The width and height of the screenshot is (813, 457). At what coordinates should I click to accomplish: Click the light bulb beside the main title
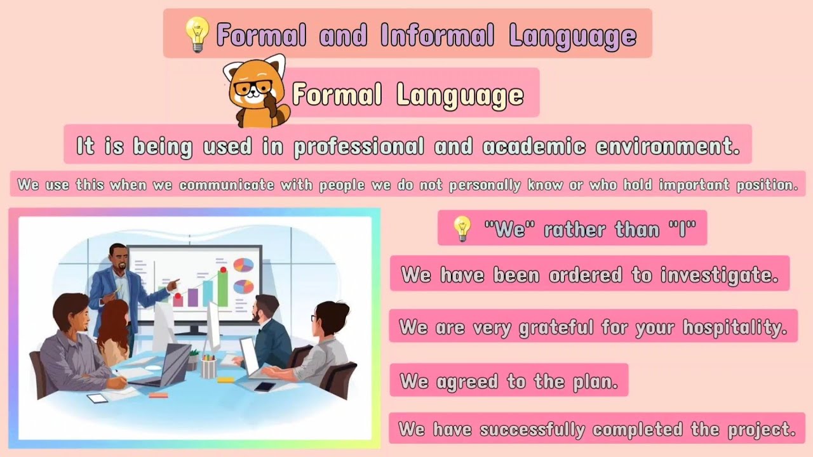[196, 34]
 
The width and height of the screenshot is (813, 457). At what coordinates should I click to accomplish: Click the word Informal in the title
[437, 36]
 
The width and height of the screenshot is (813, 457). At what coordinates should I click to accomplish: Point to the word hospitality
[734, 328]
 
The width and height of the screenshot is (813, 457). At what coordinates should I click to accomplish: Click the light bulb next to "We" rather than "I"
[462, 228]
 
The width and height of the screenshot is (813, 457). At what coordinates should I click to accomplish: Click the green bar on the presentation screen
[223, 288]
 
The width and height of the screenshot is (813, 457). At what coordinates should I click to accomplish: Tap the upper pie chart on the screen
[243, 265]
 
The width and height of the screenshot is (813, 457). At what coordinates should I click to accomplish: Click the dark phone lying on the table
[264, 387]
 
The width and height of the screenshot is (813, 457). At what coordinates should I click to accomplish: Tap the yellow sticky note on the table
[225, 380]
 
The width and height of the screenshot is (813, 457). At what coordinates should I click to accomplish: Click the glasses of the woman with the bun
[314, 318]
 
